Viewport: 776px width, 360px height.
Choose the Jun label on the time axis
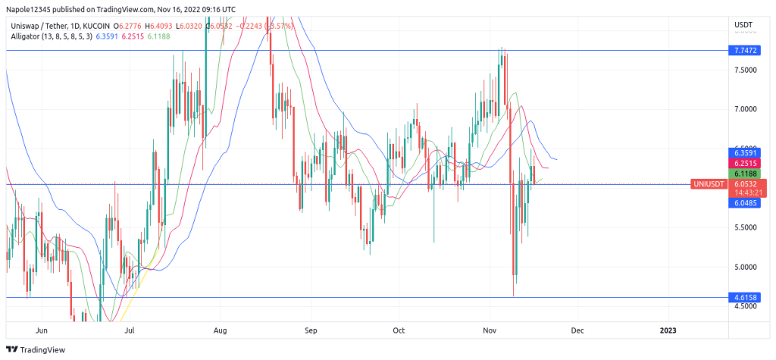coord(42,330)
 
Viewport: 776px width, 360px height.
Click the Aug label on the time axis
coord(221,330)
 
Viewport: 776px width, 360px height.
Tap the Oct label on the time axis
coord(399,330)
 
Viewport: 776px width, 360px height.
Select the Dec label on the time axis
coord(577,330)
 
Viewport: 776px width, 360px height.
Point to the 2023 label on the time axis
coord(668,330)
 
